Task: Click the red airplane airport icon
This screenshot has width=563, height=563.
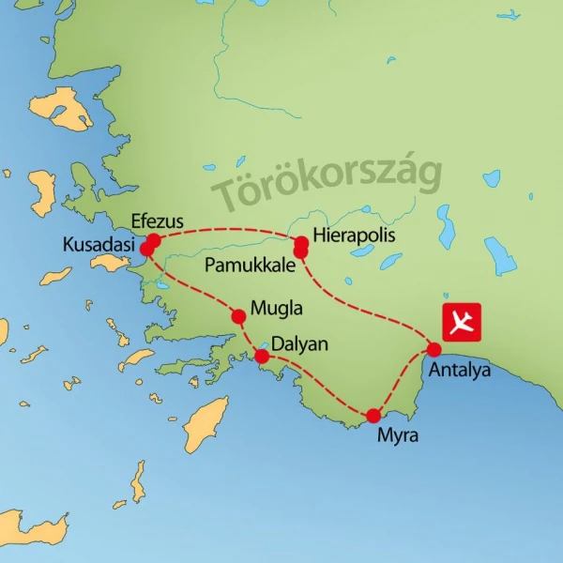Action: pos(461,322)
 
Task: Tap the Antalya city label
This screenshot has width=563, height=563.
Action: pos(459,370)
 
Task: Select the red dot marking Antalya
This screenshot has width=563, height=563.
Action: pos(434,350)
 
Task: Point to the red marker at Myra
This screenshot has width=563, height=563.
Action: pos(373,416)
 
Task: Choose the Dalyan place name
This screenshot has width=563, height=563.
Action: pos(299,344)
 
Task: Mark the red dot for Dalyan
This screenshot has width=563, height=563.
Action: pos(262,356)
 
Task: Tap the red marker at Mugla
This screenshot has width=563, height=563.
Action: pos(237,316)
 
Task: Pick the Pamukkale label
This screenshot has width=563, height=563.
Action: pos(248,264)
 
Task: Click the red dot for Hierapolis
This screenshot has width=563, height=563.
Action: pos(301,243)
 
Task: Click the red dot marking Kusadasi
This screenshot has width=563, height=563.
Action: pos(146,250)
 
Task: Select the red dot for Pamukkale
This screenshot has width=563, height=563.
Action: pos(301,252)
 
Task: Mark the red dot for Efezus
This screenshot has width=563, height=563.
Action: pos(154,240)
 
